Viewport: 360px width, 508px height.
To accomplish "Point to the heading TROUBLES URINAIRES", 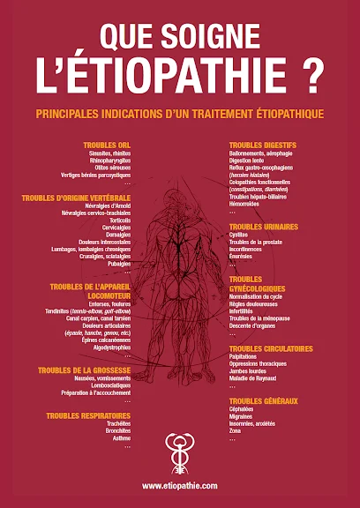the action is coord(263,227).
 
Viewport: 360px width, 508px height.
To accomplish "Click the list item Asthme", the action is coord(120,438).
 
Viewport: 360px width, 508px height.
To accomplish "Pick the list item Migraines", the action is coord(243,416).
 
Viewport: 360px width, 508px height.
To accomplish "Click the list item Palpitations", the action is coord(245,357).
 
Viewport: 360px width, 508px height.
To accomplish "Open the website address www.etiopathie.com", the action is coord(180,484).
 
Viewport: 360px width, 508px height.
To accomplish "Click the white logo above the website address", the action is coord(179,452).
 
